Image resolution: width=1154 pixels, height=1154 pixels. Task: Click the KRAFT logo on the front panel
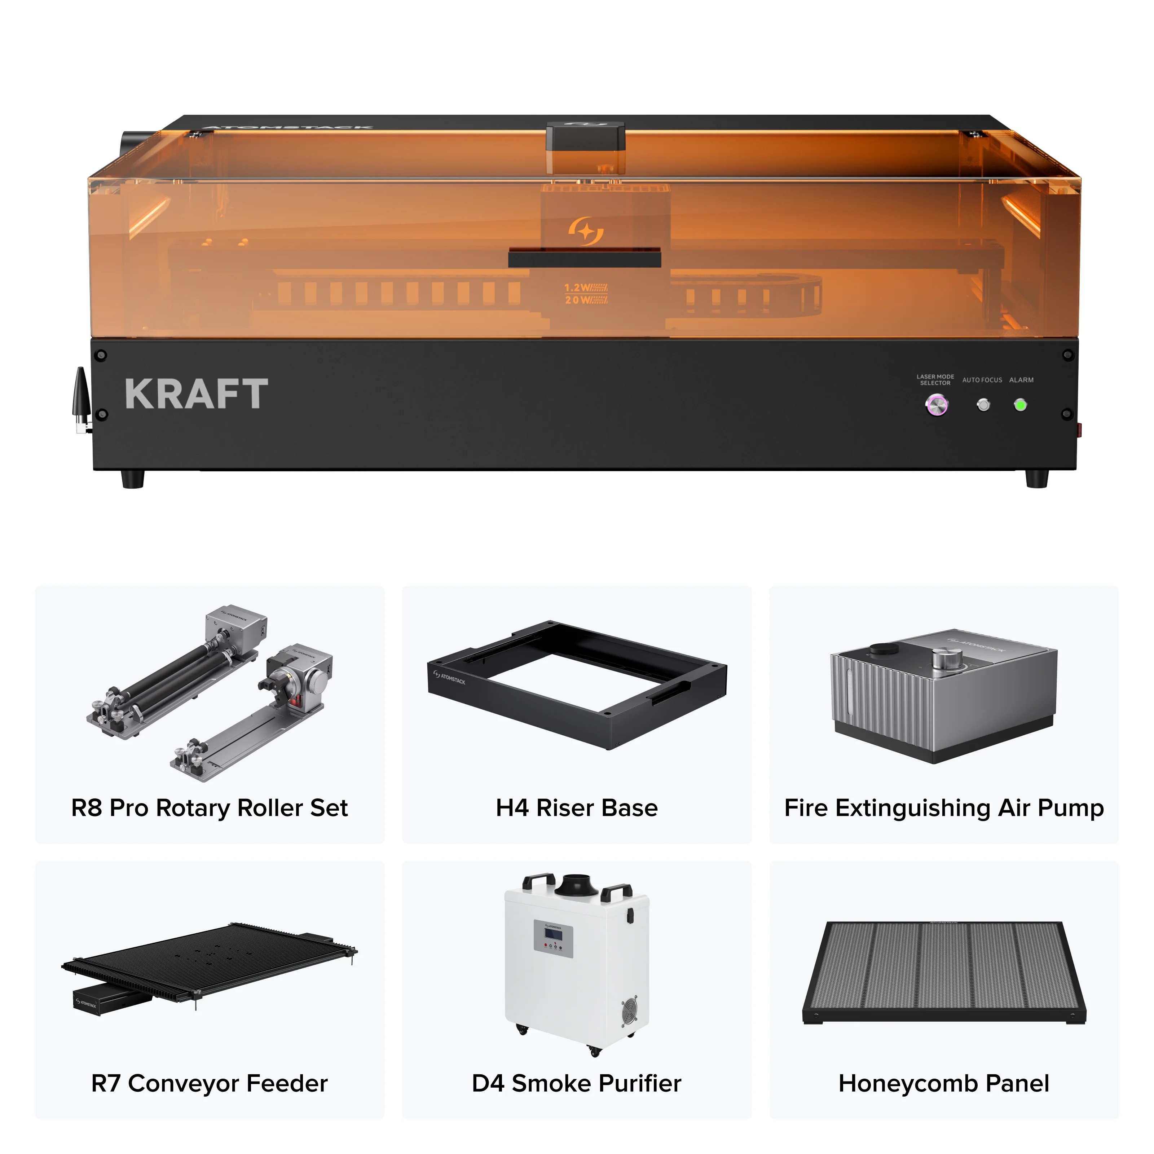click(197, 394)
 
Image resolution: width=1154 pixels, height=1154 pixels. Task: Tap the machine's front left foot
click(133, 479)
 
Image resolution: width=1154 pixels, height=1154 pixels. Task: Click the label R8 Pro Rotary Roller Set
click(209, 808)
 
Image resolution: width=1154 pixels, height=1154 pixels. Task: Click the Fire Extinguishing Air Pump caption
click(944, 808)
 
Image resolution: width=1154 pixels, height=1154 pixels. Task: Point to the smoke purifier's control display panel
click(553, 937)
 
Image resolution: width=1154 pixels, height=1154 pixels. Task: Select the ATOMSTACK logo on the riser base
click(450, 677)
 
